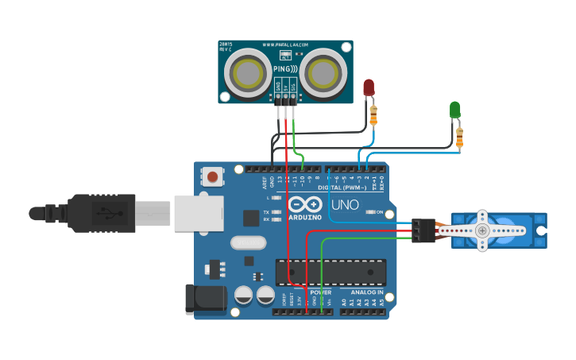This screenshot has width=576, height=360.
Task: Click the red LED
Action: (x=368, y=87)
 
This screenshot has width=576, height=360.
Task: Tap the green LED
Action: (x=455, y=109)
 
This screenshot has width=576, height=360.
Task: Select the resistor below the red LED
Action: (x=374, y=116)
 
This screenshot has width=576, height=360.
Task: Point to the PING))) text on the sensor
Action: (x=285, y=69)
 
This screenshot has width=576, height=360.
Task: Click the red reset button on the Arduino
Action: (x=213, y=176)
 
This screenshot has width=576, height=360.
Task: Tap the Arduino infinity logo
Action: (x=305, y=204)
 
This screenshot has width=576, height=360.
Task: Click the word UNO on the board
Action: (x=345, y=204)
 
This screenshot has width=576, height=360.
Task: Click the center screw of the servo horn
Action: (x=483, y=230)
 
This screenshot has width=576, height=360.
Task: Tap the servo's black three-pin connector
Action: (x=424, y=230)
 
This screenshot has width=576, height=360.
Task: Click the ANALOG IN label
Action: (x=366, y=292)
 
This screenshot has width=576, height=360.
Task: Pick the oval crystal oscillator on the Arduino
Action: (x=246, y=243)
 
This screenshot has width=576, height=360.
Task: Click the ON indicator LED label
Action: (x=380, y=212)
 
